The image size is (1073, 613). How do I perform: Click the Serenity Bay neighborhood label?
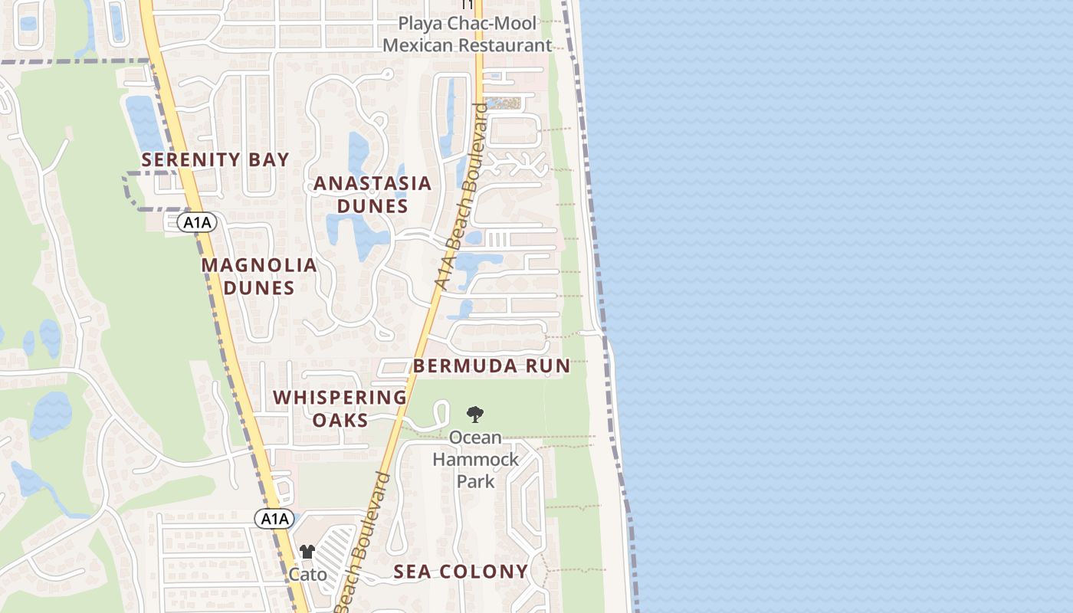click(x=215, y=159)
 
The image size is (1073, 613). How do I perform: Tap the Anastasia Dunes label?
click(x=372, y=195)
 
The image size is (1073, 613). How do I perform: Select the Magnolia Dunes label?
click(x=259, y=276)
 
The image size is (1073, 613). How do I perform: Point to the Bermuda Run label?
click(x=492, y=366)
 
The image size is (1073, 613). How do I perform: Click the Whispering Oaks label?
click(x=340, y=408)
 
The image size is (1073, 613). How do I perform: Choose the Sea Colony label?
click(x=461, y=571)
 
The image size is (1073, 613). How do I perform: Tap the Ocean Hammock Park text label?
click(x=475, y=459)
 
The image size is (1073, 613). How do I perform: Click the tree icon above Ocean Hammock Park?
click(x=475, y=415)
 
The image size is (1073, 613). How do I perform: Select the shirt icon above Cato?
click(x=307, y=552)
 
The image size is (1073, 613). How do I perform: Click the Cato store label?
click(x=307, y=574)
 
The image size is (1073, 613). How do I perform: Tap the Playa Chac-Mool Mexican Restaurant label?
click(x=468, y=34)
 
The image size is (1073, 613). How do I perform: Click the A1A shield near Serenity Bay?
click(x=197, y=223)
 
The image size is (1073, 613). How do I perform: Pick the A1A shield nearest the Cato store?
click(x=274, y=519)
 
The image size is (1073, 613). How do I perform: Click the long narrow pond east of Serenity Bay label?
click(x=144, y=123)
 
